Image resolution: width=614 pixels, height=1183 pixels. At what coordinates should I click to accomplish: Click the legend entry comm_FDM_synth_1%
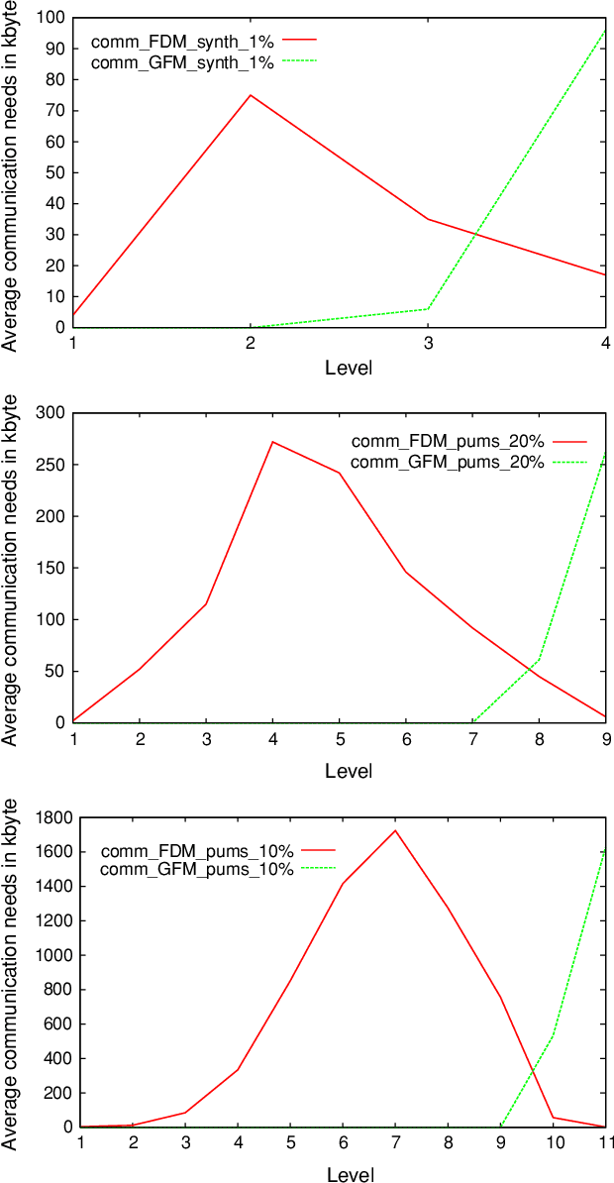tap(182, 42)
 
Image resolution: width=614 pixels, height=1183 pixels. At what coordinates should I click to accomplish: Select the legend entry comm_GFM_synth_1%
tap(182, 61)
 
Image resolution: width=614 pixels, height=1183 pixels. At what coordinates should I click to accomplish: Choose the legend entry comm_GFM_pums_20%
tap(447, 461)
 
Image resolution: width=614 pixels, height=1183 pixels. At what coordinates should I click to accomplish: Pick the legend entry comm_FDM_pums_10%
tap(197, 850)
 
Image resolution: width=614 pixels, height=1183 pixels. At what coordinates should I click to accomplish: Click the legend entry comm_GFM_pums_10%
tap(197, 869)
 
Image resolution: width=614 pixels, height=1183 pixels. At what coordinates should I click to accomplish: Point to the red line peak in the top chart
tap(251, 95)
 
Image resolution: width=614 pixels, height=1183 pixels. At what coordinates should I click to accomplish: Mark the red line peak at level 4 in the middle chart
tap(272, 442)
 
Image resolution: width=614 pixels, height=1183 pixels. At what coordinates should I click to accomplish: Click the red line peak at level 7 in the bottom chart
tap(395, 830)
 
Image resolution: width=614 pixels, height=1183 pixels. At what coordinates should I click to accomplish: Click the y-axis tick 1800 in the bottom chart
tap(46, 817)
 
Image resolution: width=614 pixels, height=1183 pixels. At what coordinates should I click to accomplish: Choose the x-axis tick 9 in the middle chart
tap(605, 739)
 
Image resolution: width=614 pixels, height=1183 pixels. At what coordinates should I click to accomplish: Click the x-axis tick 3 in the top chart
tap(428, 343)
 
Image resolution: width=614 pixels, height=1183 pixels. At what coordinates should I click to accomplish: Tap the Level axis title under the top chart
tap(349, 368)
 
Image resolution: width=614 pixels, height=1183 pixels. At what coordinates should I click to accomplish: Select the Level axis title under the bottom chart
tap(349, 1175)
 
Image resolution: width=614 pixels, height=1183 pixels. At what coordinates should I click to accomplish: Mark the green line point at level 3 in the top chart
tap(428, 308)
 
